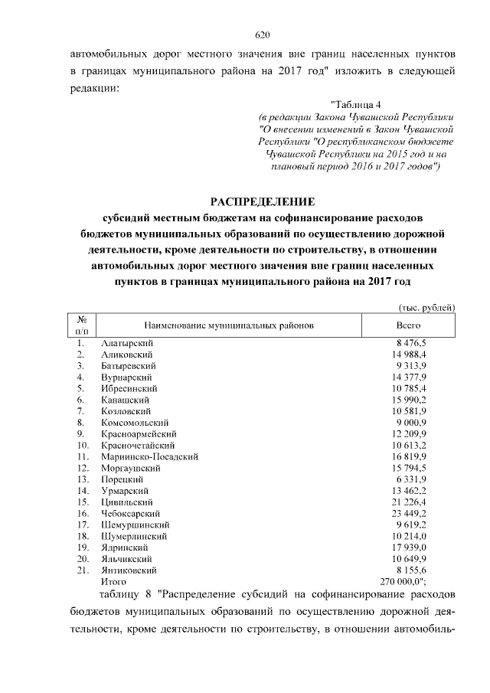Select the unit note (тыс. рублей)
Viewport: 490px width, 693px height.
(x=427, y=307)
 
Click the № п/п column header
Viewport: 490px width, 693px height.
(x=81, y=325)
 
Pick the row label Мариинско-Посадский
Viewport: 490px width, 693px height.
(x=150, y=456)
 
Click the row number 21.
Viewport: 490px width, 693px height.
(x=82, y=570)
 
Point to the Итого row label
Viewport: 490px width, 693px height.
(x=113, y=582)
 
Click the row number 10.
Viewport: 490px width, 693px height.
(x=82, y=445)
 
